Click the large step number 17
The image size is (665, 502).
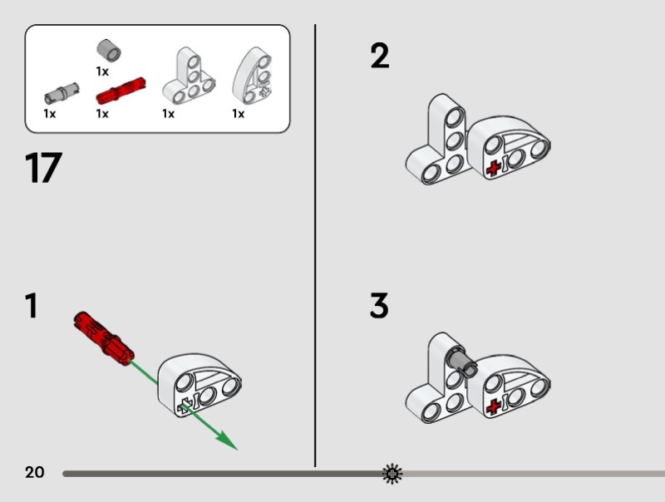44,168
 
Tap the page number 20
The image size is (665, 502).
34,472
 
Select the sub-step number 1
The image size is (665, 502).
32,305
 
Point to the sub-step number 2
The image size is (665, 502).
380,56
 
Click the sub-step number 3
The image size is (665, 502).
379,305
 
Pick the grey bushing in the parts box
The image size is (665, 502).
109,51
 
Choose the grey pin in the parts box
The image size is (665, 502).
62,93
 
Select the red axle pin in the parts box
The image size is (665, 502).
121,91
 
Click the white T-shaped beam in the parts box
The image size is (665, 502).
189,76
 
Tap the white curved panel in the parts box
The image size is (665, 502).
252,76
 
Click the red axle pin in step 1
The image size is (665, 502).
104,338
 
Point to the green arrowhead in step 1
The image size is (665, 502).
226,441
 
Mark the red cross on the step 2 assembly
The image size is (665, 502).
492,169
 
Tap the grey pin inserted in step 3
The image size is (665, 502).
462,363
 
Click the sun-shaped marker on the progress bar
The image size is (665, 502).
392,474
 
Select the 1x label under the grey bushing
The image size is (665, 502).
102,71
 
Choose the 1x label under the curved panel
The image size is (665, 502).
239,114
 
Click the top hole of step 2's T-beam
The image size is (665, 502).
455,116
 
